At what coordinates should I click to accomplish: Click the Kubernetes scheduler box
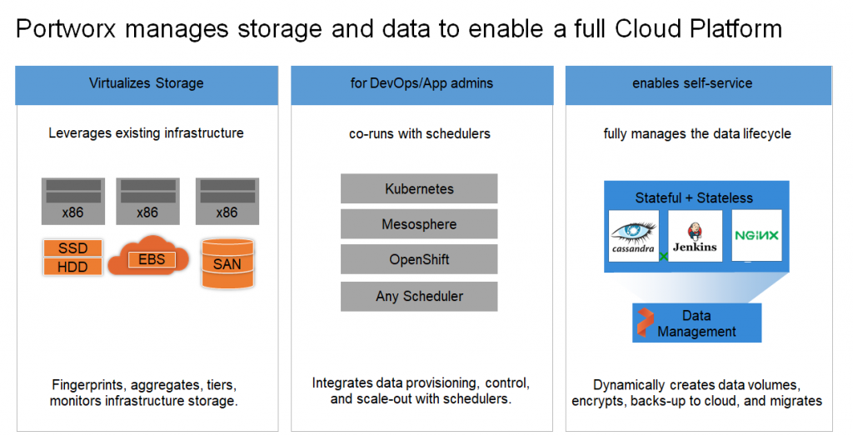[419, 188]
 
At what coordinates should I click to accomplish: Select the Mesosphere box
[419, 223]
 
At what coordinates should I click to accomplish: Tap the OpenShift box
[419, 259]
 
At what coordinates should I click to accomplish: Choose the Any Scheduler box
[419, 296]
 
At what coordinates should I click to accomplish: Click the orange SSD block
[73, 248]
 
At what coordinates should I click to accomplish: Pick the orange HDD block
[73, 267]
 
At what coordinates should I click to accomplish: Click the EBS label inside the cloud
[152, 259]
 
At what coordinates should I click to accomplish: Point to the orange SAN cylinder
[227, 263]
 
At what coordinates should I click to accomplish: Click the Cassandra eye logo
[634, 232]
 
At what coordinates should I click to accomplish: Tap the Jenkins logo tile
[696, 236]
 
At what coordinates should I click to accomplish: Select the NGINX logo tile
[756, 235]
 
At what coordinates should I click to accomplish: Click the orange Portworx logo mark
[646, 323]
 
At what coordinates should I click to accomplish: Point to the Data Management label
[696, 323]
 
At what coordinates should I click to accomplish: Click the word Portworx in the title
[66, 29]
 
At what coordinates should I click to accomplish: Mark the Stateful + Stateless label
[694, 198]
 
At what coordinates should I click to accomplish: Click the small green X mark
[664, 257]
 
